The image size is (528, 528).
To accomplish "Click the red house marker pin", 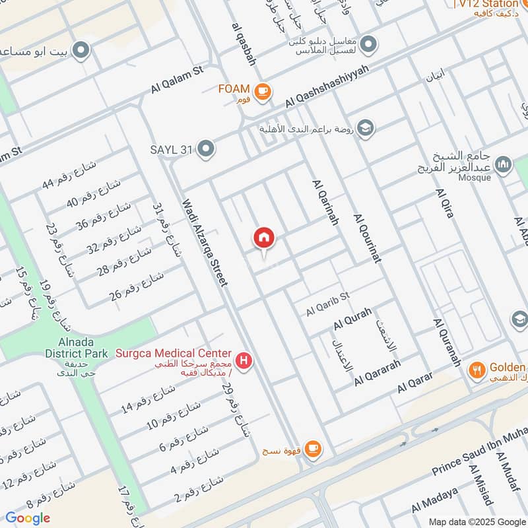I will pyautogui.click(x=264, y=238).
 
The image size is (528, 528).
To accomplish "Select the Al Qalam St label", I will pyautogui.click(x=178, y=79).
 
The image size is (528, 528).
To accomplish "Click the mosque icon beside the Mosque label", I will pyautogui.click(x=504, y=164).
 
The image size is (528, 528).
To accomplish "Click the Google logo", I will pyautogui.click(x=28, y=517).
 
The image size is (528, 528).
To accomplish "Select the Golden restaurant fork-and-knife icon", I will pyautogui.click(x=477, y=370).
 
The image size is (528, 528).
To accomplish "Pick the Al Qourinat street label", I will pyautogui.click(x=368, y=239).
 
